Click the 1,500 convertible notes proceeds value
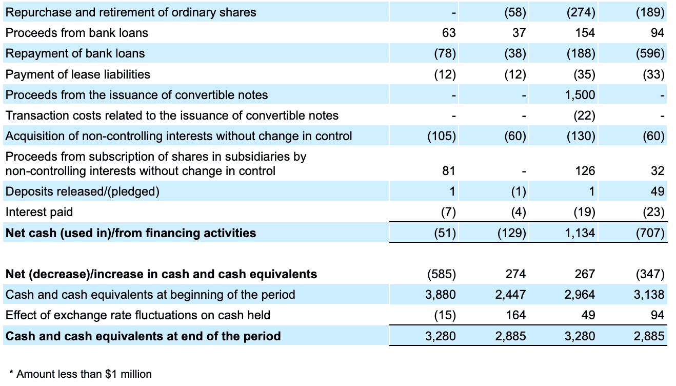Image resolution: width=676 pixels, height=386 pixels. pos(581,95)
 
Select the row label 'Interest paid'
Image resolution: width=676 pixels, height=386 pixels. pos(39,212)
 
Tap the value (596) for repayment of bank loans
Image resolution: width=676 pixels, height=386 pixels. pos(650,53)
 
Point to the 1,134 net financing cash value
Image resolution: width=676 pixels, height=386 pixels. pos(581,233)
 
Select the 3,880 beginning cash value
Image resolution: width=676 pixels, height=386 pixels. pos(441,295)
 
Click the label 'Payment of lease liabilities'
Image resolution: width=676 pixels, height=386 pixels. pos(77,74)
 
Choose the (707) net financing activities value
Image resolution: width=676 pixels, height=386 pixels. pos(650,233)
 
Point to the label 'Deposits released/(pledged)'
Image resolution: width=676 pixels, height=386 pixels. pos(82,191)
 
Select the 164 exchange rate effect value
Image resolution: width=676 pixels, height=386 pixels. pos(516,315)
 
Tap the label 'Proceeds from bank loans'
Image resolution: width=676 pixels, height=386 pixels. pos(76,33)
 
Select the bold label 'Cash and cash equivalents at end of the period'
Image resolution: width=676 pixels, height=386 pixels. pos(143,336)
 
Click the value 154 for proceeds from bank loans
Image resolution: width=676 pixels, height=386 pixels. pos(585,33)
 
